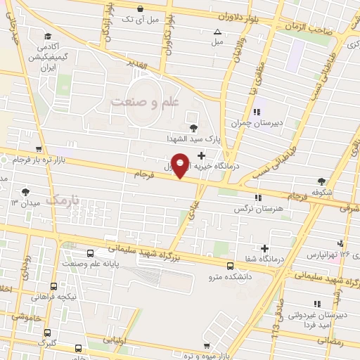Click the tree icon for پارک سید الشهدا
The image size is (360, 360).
(194, 126)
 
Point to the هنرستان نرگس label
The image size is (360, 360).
(259, 210)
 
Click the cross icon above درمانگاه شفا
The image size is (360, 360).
(265, 247)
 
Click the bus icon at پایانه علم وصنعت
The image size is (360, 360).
(91, 254)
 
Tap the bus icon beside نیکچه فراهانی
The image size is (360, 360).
(54, 286)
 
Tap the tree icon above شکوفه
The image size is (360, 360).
(322, 181)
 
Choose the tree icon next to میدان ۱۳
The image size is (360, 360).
(26, 191)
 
